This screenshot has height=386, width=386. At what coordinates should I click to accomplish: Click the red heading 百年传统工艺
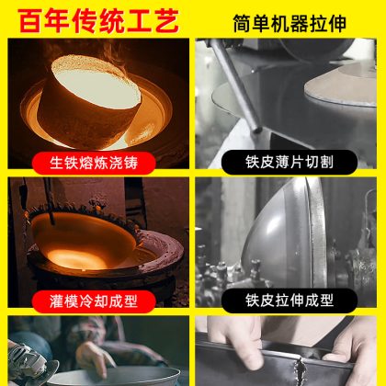point(98,20)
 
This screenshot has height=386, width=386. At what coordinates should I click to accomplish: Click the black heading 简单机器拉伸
point(289,23)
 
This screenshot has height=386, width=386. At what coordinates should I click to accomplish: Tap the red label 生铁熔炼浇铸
point(94,163)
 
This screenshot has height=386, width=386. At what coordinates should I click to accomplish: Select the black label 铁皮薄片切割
point(289,162)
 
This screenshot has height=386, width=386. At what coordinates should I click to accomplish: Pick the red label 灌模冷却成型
point(94,301)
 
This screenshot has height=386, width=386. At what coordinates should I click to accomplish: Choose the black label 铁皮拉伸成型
point(289,301)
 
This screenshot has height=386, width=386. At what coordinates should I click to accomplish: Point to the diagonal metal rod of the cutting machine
point(235,85)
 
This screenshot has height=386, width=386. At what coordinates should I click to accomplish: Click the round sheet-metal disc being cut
point(341,85)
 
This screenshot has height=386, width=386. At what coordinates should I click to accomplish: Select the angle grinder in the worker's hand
point(30,363)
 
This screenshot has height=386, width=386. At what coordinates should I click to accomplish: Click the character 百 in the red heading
point(30,21)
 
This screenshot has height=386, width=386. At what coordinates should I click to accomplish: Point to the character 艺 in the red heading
point(167,21)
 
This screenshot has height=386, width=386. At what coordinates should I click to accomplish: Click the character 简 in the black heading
point(243,23)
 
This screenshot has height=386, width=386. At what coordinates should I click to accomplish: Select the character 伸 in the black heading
point(337,23)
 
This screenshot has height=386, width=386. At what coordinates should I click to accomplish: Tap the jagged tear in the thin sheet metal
point(300,371)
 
